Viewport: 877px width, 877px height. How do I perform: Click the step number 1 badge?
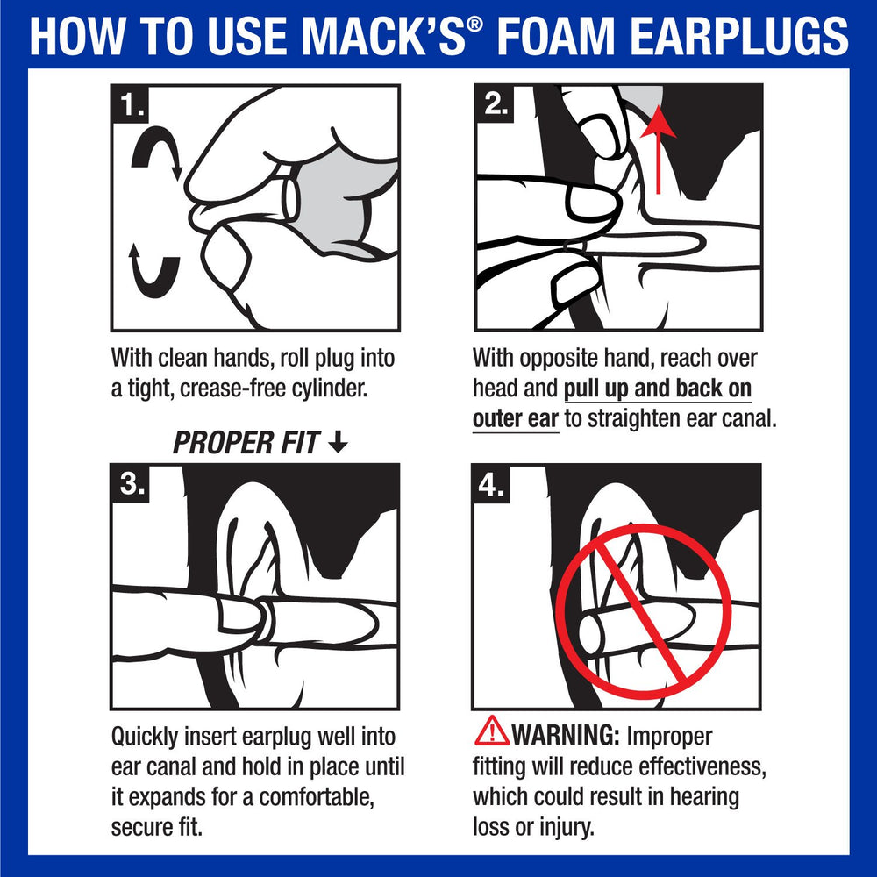pyautogui.click(x=132, y=106)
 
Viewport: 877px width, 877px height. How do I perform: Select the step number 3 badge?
pyautogui.click(x=132, y=484)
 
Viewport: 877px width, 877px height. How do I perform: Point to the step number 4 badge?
pyautogui.click(x=493, y=485)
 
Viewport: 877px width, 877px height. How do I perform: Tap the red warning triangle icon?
pyautogui.click(x=491, y=731)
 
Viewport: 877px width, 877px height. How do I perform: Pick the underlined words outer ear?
pyautogui.click(x=515, y=418)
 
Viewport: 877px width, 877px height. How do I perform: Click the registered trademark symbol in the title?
pyautogui.click(x=474, y=24)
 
